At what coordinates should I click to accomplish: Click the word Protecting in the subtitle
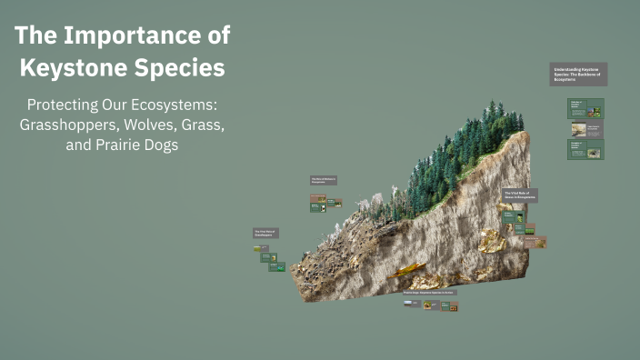pyautogui.click(x=65, y=105)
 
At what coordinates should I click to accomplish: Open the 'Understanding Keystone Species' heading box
pyautogui.click(x=578, y=75)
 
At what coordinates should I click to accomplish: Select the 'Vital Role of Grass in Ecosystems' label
pyautogui.click(x=519, y=195)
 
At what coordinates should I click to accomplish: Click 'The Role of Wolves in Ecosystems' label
pyautogui.click(x=324, y=180)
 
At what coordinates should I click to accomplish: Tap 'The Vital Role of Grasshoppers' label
pyautogui.click(x=265, y=233)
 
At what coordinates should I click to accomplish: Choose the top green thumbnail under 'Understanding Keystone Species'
pyautogui.click(x=585, y=109)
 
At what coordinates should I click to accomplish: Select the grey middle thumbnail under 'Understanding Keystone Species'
pyautogui.click(x=585, y=129)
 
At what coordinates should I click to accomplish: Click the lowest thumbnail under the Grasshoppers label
pyautogui.click(x=277, y=267)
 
